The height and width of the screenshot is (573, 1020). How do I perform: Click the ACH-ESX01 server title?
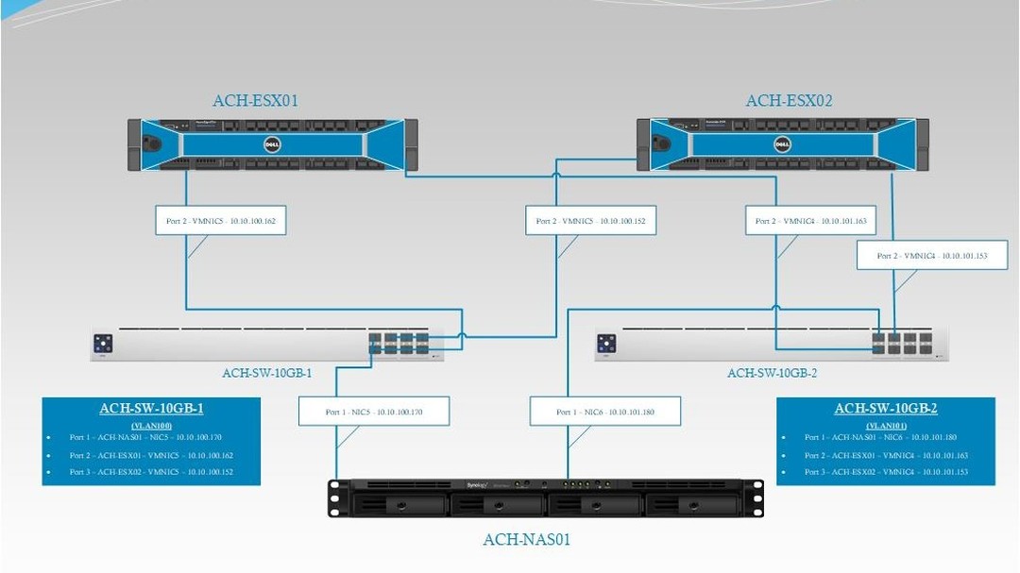255,100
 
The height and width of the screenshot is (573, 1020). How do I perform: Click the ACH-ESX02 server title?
789,101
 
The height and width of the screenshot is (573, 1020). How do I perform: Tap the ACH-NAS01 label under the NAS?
526,540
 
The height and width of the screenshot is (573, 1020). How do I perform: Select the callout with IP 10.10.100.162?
220,221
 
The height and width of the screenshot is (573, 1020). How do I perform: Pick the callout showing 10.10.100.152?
590,221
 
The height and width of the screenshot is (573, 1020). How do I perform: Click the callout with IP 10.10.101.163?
810,221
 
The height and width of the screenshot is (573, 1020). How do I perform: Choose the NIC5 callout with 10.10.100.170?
373,412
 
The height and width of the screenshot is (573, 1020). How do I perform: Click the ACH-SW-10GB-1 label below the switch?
266,373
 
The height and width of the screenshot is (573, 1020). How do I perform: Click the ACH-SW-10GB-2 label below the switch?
772,373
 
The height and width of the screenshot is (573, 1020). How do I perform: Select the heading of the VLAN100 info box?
151,409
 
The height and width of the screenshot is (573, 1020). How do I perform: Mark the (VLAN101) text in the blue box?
885,426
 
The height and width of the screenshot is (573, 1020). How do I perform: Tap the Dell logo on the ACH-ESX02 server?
782,143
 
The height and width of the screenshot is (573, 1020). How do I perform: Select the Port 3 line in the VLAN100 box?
152,471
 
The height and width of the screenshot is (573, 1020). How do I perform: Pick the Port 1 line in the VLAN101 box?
887,438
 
